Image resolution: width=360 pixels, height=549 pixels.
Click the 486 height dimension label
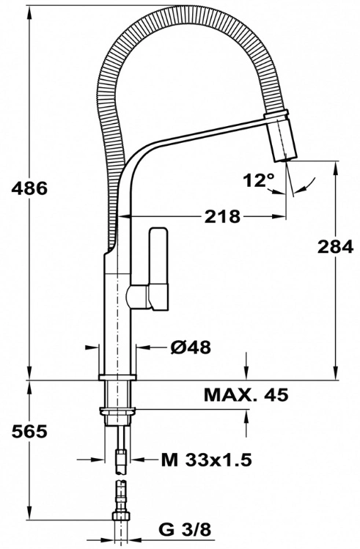click(29, 189)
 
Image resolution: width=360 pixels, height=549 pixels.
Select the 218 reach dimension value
click(223, 217)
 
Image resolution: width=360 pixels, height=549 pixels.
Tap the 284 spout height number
click(336, 247)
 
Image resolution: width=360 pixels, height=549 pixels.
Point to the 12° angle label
click(259, 180)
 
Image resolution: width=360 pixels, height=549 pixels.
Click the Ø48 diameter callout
click(191, 347)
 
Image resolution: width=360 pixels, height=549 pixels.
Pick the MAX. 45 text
click(246, 394)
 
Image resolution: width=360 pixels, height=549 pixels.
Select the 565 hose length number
click(29, 431)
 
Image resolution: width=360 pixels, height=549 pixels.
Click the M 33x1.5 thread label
click(207, 460)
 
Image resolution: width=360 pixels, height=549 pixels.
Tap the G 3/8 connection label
click(185, 530)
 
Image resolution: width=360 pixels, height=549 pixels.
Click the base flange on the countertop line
click(117, 377)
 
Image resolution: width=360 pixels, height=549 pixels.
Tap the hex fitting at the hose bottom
click(121, 516)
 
